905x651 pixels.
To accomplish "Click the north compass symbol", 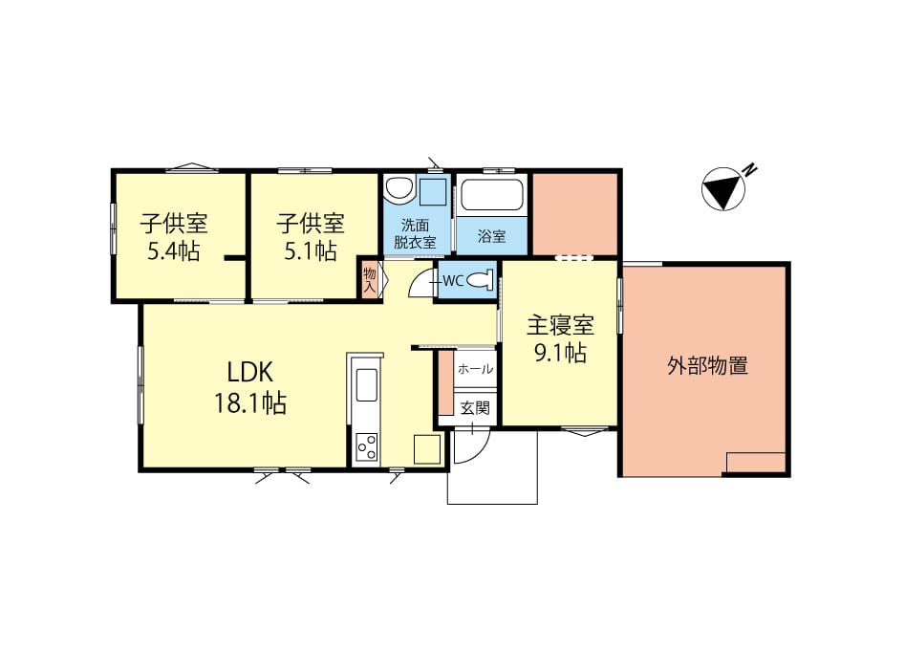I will point(723,189).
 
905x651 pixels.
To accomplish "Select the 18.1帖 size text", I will point(250,402).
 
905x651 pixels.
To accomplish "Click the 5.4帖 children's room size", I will point(173,252).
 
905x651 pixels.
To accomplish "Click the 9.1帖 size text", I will point(560,354).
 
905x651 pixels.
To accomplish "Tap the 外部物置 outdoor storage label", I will point(707,365).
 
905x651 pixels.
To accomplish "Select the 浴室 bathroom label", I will point(491,236).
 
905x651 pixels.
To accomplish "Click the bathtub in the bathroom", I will point(491,197).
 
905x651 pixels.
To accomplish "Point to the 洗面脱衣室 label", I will point(416,234).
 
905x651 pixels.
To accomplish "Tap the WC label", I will point(452,281).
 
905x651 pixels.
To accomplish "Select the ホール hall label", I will point(475,369).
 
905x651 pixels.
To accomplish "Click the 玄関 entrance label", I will point(475,407).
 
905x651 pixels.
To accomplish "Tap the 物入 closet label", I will point(370,280).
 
